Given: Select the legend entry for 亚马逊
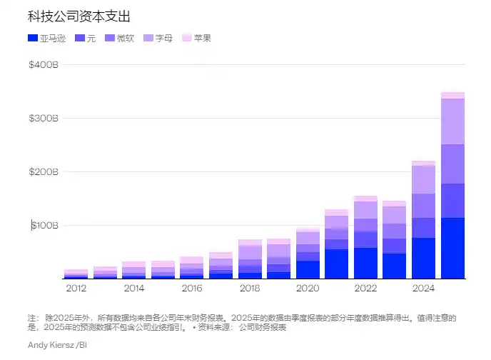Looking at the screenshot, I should (46, 38).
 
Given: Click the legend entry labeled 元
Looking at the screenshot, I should (85, 38).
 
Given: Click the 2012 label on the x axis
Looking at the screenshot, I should (76, 288).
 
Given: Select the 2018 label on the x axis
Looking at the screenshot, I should (250, 288).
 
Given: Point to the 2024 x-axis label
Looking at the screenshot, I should (424, 288).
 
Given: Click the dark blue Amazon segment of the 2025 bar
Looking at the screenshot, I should (452, 248).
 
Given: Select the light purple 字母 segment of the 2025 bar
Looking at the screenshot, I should (452, 121).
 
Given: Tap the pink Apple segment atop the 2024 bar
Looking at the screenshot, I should (424, 163).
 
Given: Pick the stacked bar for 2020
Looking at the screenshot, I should (308, 254).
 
